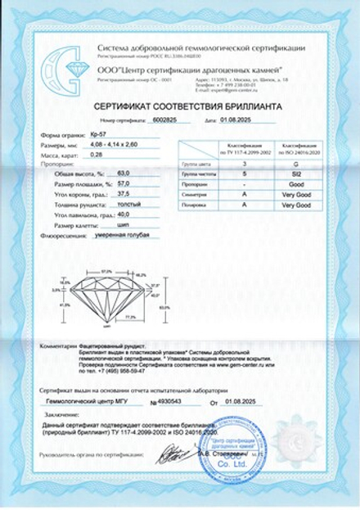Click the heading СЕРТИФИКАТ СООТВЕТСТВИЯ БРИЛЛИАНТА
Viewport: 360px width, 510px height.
(179, 105)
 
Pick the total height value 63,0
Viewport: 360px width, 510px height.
(124, 174)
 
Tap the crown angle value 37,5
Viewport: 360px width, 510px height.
(124, 193)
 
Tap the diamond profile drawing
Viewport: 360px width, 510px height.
(107, 297)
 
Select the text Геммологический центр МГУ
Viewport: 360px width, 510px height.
(89, 402)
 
